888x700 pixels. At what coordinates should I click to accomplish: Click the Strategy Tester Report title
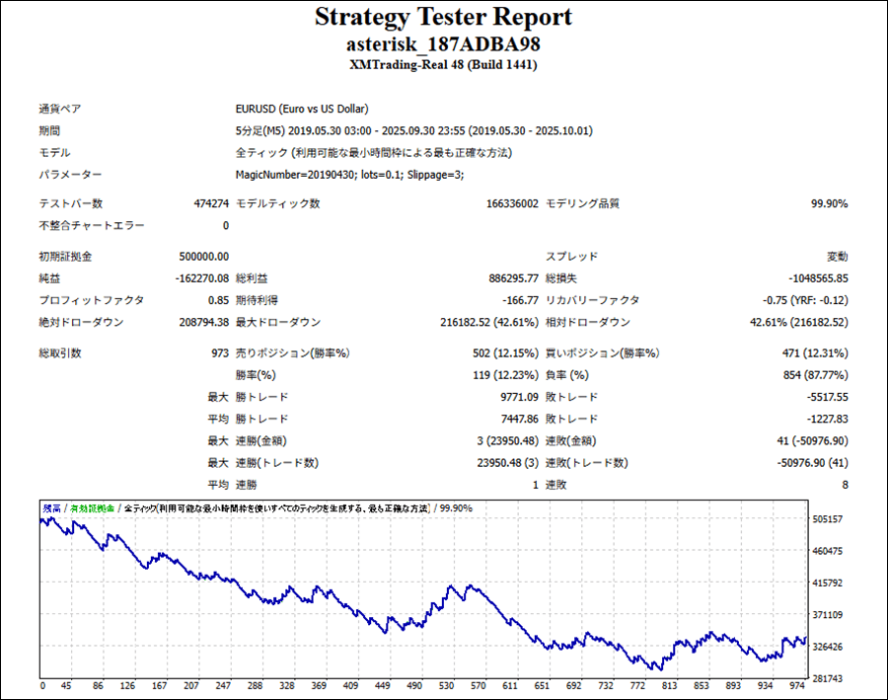point(443,18)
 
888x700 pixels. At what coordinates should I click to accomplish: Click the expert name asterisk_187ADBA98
point(443,44)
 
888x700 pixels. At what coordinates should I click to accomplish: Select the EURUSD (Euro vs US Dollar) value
point(301,109)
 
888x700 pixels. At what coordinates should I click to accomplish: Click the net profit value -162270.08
point(201,278)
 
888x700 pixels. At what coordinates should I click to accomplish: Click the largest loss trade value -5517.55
point(821,397)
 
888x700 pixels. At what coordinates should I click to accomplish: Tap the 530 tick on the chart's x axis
point(445,685)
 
